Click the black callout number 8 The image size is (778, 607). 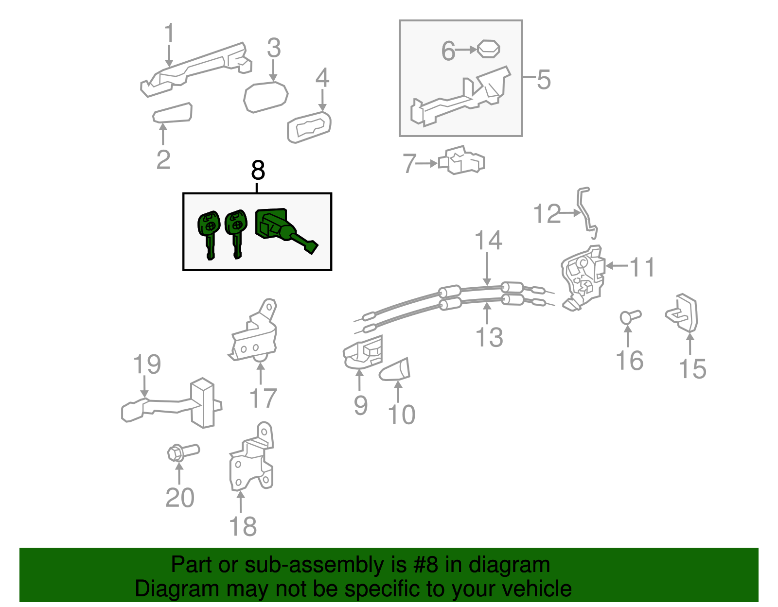(258, 171)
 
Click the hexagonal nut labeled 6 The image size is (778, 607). (488, 49)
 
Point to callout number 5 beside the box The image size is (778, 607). (544, 80)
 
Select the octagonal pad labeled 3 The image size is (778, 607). (265, 97)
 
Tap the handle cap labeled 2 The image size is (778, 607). (172, 113)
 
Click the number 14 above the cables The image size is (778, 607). (488, 241)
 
